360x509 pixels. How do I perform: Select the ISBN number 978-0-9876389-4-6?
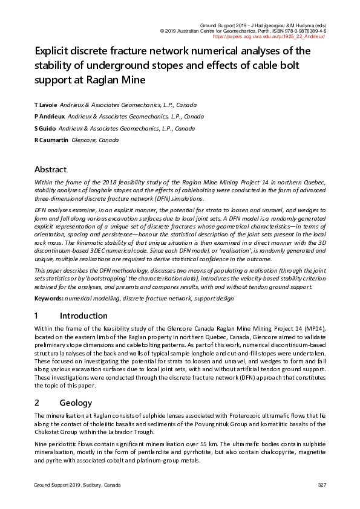(x=301, y=30)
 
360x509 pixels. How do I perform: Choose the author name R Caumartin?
(x=51, y=140)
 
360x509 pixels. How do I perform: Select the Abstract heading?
(x=50, y=169)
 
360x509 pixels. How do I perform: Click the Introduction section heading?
(x=83, y=316)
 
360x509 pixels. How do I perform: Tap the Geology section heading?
(x=76, y=403)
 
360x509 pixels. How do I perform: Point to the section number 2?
(x=37, y=403)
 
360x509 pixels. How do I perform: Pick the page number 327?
(x=322, y=485)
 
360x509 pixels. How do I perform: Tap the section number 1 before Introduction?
(x=37, y=316)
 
